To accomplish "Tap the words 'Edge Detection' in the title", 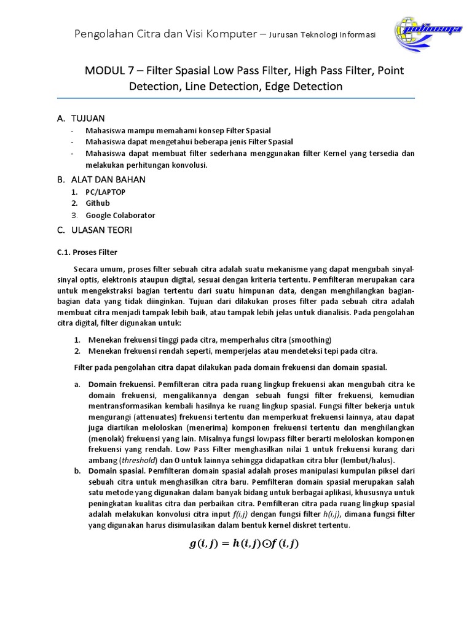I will click(x=304, y=87).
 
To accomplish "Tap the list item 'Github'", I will click(x=98, y=203).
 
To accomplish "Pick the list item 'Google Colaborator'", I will click(x=120, y=216).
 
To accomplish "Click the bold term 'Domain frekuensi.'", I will click(x=121, y=384).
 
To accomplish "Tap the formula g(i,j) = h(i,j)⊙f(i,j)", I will click(x=243, y=544).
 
